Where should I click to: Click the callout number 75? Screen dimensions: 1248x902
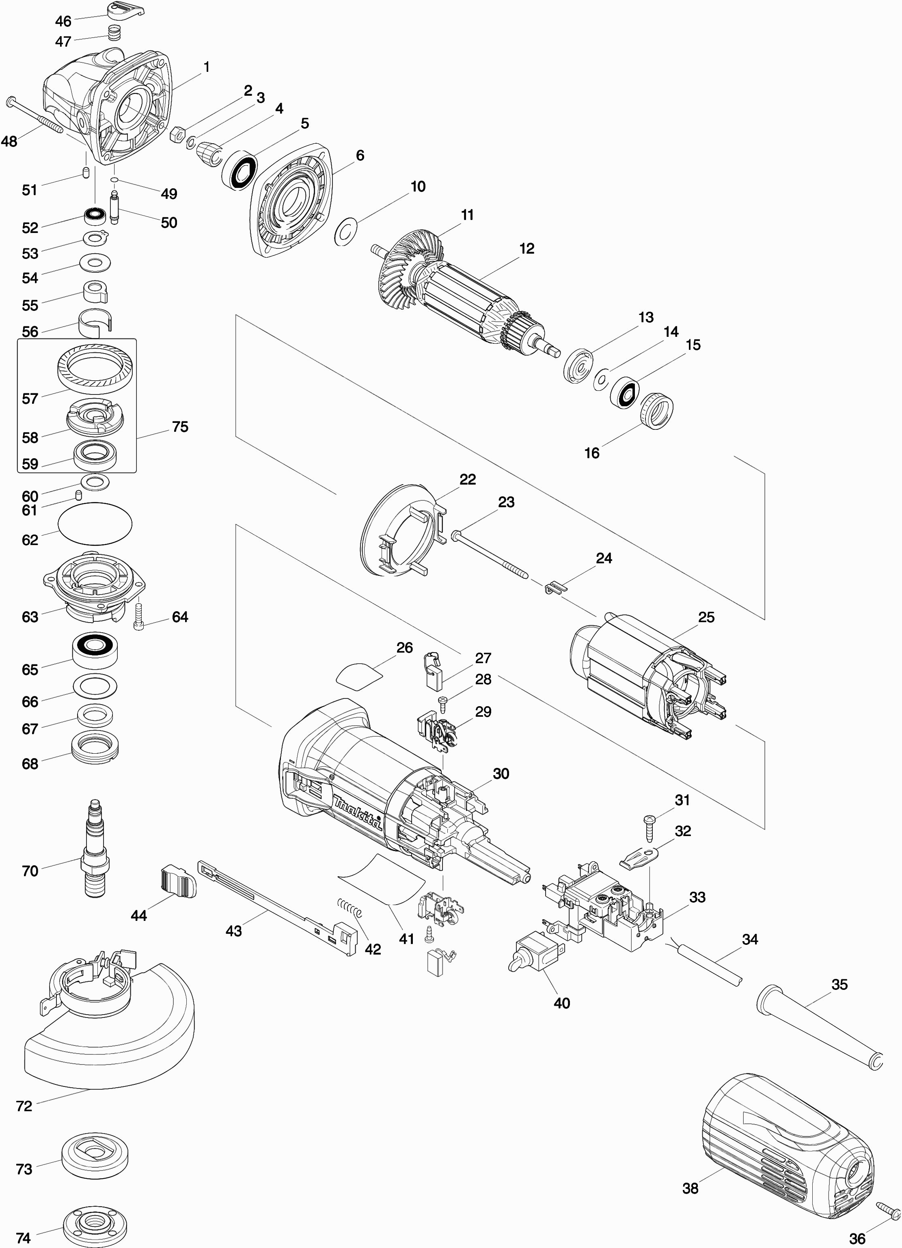180,427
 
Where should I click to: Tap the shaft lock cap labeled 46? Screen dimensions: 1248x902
126,9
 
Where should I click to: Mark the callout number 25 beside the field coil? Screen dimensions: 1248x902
706,617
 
